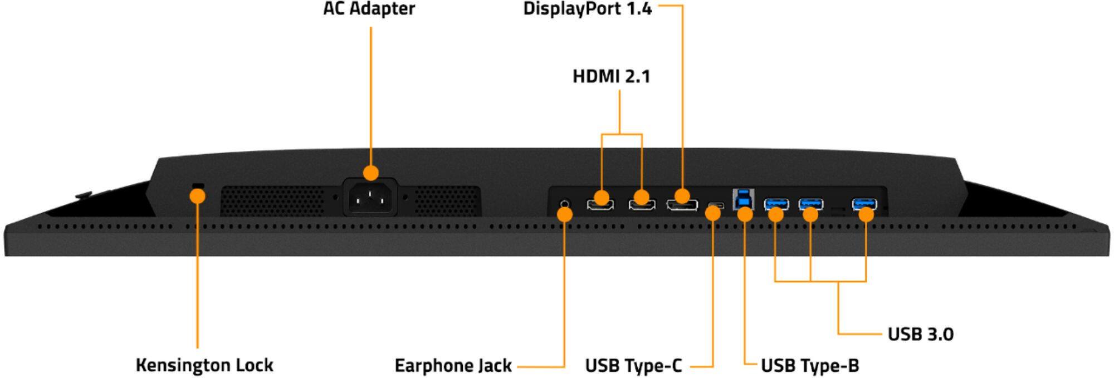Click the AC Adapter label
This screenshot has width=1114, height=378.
point(369,9)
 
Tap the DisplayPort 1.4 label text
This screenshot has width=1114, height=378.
point(587,9)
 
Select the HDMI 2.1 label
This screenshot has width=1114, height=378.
point(611,76)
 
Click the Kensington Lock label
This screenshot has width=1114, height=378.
point(204,365)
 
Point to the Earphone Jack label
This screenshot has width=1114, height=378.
point(453,366)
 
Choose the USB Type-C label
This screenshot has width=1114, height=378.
point(633,366)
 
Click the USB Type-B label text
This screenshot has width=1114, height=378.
point(810,366)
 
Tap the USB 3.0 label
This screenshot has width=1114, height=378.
point(920,334)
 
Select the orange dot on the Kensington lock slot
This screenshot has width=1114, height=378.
point(197,196)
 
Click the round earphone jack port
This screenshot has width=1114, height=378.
point(565,204)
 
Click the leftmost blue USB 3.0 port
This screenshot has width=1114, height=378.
point(776,204)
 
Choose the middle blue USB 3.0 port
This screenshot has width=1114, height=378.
point(811,204)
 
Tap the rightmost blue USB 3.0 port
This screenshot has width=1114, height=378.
point(864,204)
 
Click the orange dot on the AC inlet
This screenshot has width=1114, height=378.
point(370,173)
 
